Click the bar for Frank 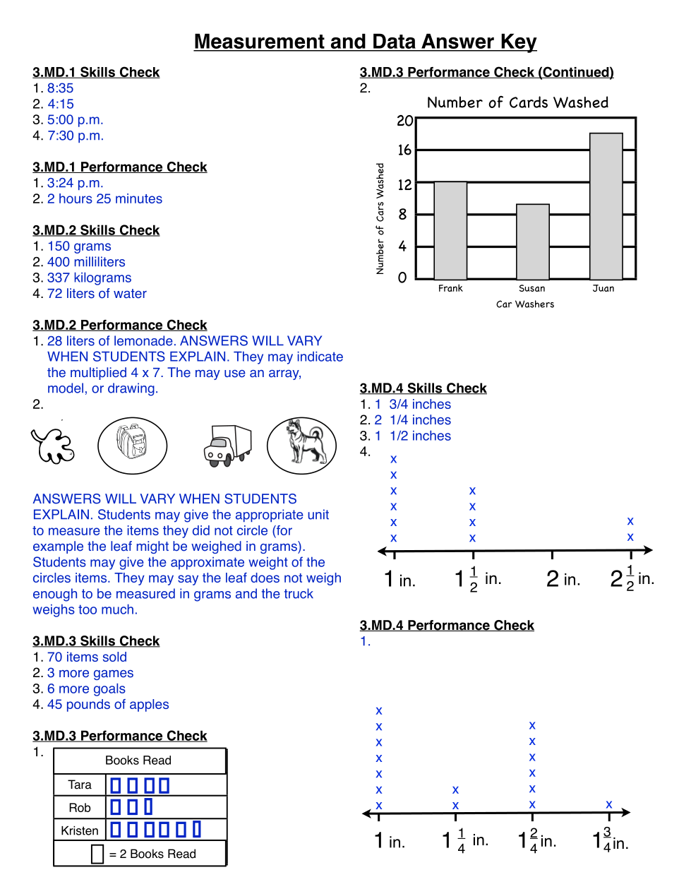(x=450, y=230)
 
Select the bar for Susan (x=533, y=242)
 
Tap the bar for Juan (x=606, y=206)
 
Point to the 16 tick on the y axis (x=404, y=150)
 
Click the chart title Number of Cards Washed (x=517, y=103)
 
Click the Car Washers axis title (x=525, y=304)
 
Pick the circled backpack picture (x=132, y=445)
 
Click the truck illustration (x=227, y=446)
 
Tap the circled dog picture (x=301, y=445)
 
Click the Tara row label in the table (x=80, y=785)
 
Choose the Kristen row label (x=80, y=831)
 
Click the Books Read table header (x=138, y=761)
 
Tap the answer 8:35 (x=60, y=88)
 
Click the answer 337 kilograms (x=89, y=278)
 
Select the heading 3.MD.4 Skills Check (x=423, y=388)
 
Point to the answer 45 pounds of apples (x=108, y=705)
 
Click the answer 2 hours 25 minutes (x=104, y=199)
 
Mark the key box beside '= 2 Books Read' (x=97, y=854)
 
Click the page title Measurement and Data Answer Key (x=365, y=42)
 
